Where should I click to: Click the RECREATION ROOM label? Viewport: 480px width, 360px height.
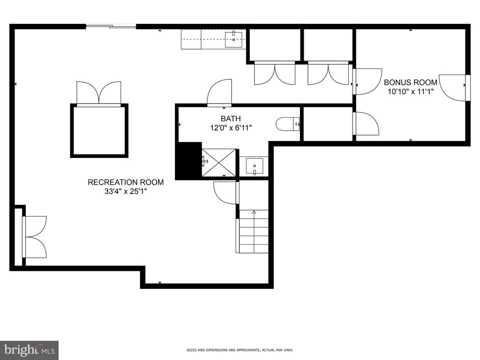[126, 182]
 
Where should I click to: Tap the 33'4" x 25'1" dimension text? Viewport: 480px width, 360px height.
[126, 192]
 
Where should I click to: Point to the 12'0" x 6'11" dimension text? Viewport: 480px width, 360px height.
[231, 127]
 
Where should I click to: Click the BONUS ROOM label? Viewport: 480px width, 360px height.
[411, 82]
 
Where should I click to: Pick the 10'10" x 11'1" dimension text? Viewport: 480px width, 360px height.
[411, 91]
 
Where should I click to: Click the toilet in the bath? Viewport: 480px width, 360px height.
[288, 124]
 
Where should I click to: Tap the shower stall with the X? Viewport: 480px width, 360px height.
[219, 163]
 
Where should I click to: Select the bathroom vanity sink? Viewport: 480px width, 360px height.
[255, 166]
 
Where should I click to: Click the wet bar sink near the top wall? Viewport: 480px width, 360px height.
[233, 40]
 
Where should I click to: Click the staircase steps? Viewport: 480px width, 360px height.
[254, 232]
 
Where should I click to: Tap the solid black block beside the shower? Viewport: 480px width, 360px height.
[188, 160]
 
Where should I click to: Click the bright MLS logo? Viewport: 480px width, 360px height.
[30, 350]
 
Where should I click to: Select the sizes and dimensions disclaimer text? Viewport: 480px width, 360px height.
[240, 350]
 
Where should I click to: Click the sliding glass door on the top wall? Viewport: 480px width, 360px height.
[111, 27]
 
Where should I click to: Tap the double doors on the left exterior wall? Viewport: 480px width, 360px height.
[34, 237]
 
